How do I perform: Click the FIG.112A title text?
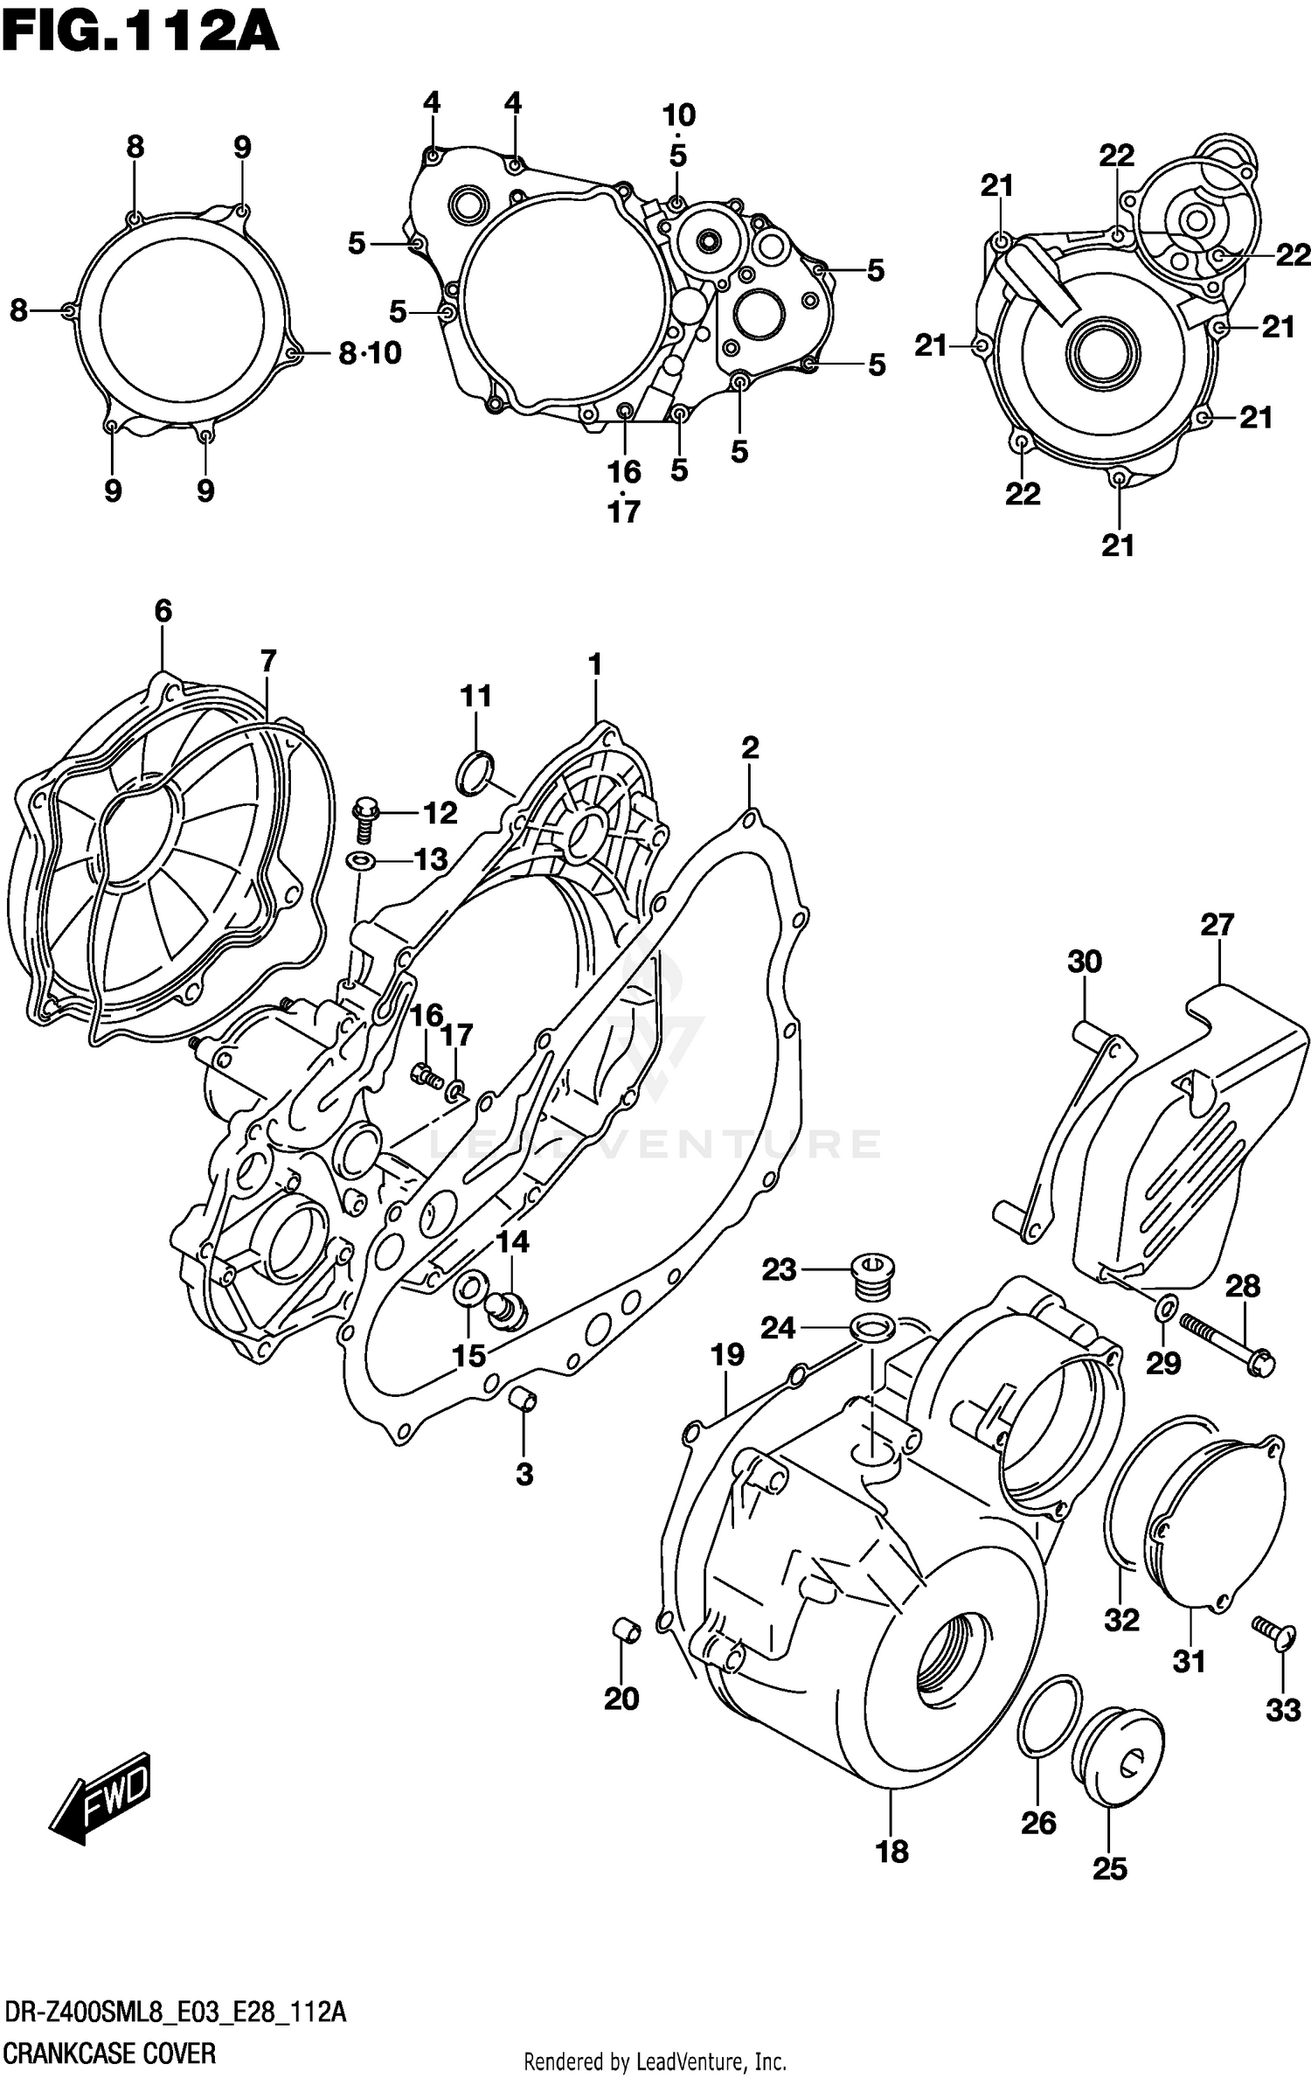coord(140,33)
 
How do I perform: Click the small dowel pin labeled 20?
coord(625,1630)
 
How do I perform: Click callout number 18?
coord(891,1851)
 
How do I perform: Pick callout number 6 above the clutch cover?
coord(163,611)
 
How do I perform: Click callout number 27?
coord(1216,924)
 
